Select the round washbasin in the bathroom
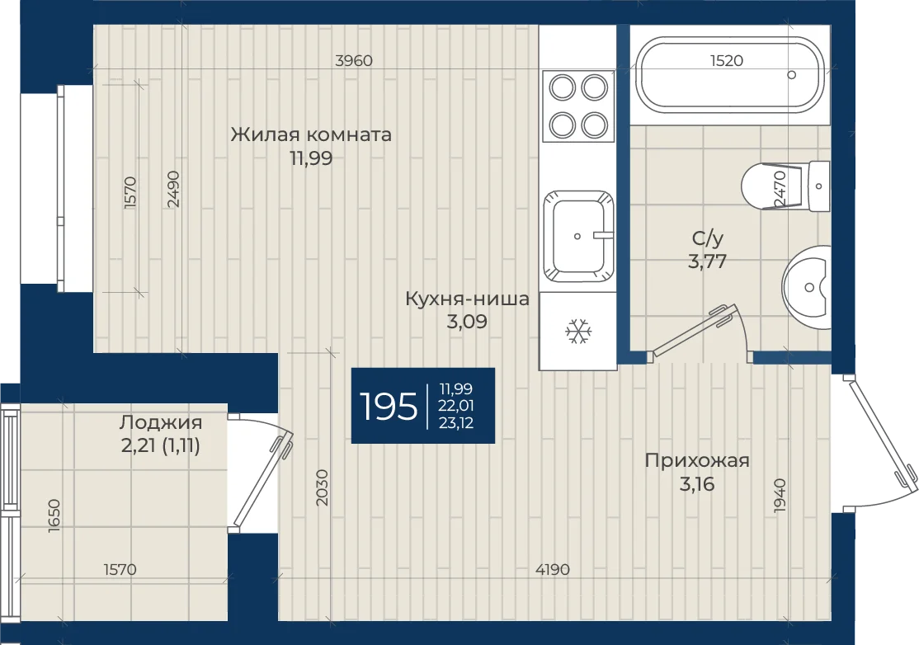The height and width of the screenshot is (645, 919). click(807, 287)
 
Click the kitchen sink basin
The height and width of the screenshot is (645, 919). click(578, 236)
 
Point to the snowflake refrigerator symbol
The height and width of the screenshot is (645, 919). click(578, 332)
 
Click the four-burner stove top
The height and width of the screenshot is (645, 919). click(578, 106)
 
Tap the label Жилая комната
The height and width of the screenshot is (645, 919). click(311, 134)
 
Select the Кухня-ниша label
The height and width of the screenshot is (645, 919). click(467, 299)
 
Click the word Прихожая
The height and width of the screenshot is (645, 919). click(697, 461)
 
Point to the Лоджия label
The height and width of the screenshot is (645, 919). click(161, 422)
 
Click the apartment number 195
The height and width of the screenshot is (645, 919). click(388, 406)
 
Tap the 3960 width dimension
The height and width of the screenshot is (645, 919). click(353, 60)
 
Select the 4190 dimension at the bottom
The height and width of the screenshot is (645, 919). click(552, 569)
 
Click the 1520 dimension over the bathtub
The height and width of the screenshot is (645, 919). click(726, 60)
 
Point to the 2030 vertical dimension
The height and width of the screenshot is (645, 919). click(321, 487)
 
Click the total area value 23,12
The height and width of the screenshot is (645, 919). click(456, 423)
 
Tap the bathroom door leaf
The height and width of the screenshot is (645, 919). click(691, 331)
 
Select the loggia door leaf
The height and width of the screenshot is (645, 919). click(262, 479)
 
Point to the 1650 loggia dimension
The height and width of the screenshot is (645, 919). click(54, 516)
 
